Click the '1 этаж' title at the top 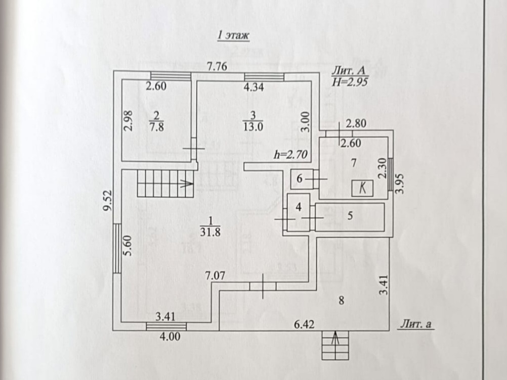point(234,35)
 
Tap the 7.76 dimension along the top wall point(216,66)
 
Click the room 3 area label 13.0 point(254,126)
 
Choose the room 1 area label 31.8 point(210,232)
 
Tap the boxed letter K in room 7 point(363,188)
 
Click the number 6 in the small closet point(300,178)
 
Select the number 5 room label point(350,215)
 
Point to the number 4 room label point(299,207)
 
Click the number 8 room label point(341,301)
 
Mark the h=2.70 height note point(289,155)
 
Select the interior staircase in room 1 point(165,183)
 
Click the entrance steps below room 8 point(335,345)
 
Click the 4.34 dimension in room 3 point(254,87)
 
